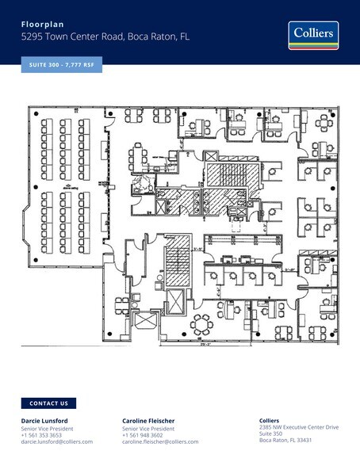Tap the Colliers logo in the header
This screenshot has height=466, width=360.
(313, 36)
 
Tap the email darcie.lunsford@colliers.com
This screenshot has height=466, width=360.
(56, 441)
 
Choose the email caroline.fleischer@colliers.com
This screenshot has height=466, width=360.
(160, 441)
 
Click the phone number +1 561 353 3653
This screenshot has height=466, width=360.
(41, 434)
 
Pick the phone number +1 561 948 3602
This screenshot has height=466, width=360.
(143, 434)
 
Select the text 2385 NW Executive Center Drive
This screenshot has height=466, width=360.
(299, 427)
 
